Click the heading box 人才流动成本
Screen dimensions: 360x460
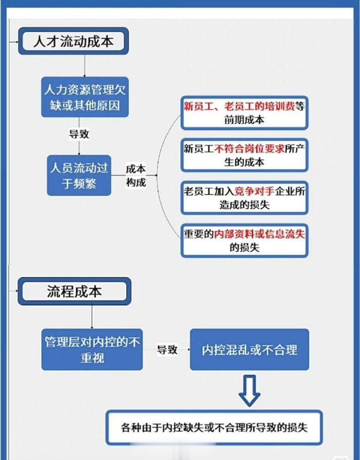(74, 41)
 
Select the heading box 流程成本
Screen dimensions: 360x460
(75, 292)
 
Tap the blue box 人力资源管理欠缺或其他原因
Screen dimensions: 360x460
(85, 97)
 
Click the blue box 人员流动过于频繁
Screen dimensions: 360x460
(79, 175)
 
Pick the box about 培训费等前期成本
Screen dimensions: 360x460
(244, 113)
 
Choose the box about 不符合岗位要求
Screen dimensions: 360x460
(244, 155)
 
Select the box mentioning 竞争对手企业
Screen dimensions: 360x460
(244, 198)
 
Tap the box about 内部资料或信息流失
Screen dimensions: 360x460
(244, 241)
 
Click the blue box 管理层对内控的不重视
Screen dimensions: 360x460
(92, 349)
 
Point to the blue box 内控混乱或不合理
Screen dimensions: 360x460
(249, 349)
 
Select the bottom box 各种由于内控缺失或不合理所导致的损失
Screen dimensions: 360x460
(214, 428)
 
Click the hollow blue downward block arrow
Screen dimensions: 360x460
(249, 391)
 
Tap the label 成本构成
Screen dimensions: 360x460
(136, 175)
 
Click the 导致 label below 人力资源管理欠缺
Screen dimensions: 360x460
(79, 134)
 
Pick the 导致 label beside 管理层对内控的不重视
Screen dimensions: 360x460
(167, 349)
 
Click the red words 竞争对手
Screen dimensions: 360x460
(255, 191)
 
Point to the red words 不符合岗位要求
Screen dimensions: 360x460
(249, 149)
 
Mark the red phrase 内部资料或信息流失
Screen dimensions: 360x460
(259, 234)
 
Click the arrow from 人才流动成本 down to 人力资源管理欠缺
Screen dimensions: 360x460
(85, 66)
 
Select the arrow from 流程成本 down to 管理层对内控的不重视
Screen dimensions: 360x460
(92, 317)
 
